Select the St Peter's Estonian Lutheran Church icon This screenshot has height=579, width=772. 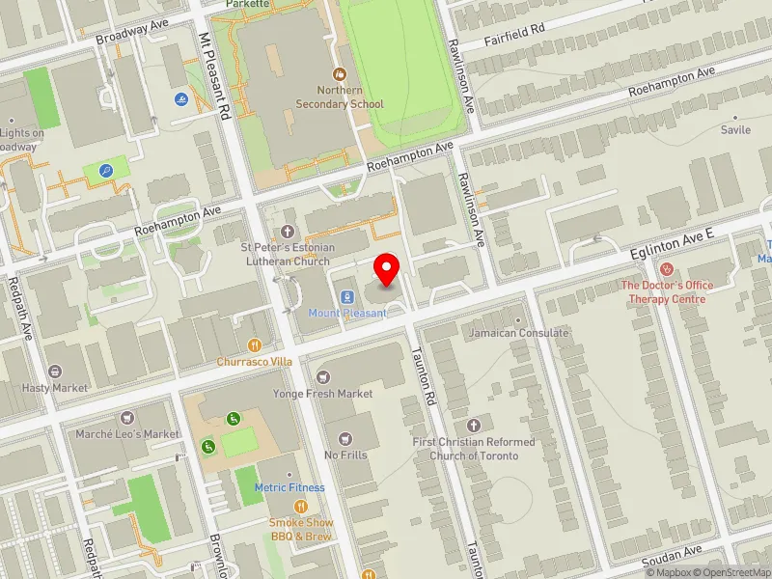pos(287,232)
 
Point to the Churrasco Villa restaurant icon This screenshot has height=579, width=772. pos(255,345)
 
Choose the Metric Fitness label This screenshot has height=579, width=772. pos(289,487)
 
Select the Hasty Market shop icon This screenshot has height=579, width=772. pos(55,372)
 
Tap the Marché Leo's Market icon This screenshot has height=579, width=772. pos(127,418)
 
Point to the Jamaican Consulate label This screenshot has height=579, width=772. pos(519,333)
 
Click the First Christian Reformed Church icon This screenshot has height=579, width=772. pos(473,426)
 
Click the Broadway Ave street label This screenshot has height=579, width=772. pos(132,34)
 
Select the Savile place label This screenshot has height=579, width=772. pos(734,129)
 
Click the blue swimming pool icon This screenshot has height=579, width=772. pos(180,98)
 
